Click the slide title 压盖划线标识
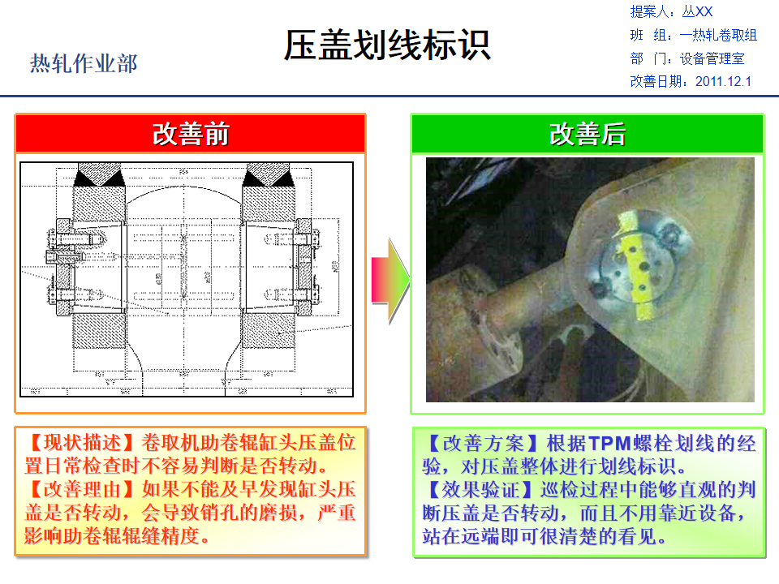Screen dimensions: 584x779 tap(387, 45)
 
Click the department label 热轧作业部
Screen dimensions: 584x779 tap(84, 63)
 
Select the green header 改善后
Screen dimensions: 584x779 tap(587, 134)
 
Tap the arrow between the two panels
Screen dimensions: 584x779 tap(389, 281)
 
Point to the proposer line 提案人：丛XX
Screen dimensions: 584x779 tap(671, 12)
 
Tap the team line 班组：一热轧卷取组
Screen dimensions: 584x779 tap(693, 35)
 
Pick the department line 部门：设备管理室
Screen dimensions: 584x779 tap(686, 58)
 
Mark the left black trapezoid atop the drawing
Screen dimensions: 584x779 tap(97, 174)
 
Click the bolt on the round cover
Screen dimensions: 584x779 tap(670, 236)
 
